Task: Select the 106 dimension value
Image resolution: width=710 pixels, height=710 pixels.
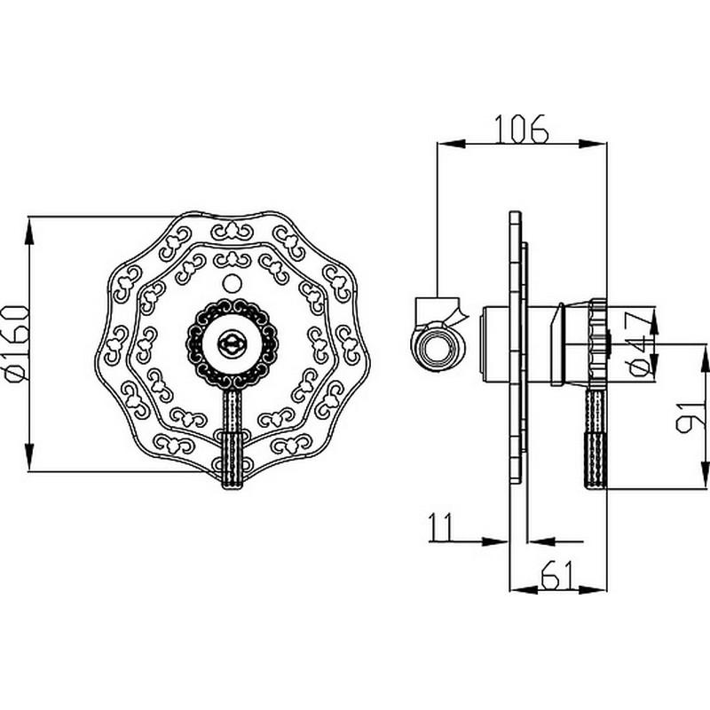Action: pos(522,129)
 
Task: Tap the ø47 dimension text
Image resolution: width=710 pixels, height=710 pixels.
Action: pos(643,343)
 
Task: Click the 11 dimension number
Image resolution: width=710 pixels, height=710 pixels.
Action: pos(440,527)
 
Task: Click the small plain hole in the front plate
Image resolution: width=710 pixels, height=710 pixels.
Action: pos(232,283)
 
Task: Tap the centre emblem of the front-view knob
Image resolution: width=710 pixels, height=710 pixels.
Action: pos(232,344)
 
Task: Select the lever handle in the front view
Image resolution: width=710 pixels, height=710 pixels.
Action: pos(232,439)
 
